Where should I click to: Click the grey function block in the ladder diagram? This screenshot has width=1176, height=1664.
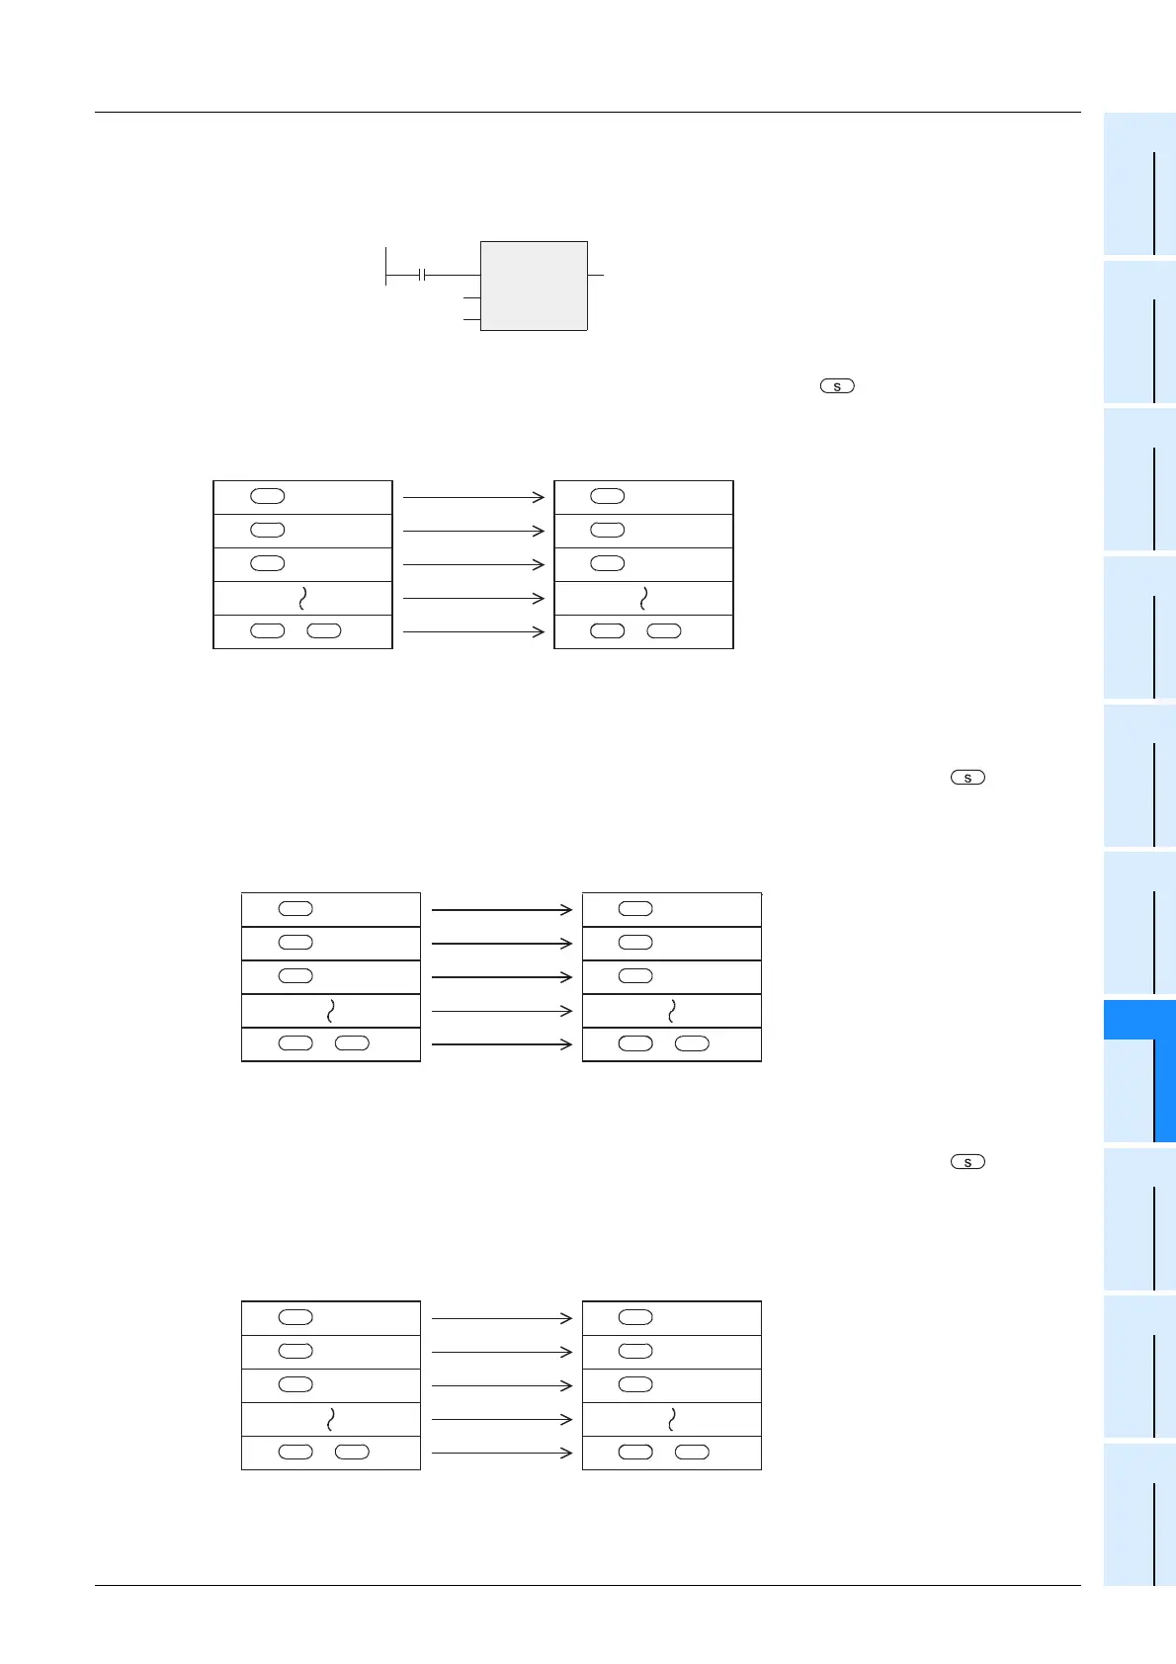pos(534,286)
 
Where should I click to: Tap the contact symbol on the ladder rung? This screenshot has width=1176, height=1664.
pos(422,275)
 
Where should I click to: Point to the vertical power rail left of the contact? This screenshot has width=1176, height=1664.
pos(385,265)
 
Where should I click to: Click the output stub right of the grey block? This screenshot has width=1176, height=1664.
pos(596,275)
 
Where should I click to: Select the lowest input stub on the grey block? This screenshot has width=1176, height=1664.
pos(471,319)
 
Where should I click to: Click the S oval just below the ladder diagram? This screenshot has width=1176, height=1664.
pos(837,386)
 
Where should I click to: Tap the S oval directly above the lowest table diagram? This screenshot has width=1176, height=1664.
pos(967,1162)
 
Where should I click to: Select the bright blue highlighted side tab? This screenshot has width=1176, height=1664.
pos(1139,1071)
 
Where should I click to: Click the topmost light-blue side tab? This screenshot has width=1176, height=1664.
pos(1139,184)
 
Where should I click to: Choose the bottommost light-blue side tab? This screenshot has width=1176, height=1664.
pos(1139,1514)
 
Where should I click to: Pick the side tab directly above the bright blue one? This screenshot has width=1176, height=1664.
pos(1139,923)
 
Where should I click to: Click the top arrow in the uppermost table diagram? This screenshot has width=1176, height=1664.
pos(473,497)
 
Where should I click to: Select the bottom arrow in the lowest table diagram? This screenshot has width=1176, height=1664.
pos(502,1453)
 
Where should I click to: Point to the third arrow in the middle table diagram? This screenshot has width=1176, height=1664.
pos(502,977)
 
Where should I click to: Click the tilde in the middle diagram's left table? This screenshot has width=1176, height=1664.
pos(330,1011)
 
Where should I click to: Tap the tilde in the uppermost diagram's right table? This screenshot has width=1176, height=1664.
pos(644,598)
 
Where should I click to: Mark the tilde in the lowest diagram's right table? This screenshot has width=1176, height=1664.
pos(672,1419)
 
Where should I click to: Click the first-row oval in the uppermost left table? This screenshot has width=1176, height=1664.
pos(268,496)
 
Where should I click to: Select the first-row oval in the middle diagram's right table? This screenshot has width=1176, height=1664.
pos(635,909)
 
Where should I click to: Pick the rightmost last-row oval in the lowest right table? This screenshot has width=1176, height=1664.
pos(692,1453)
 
